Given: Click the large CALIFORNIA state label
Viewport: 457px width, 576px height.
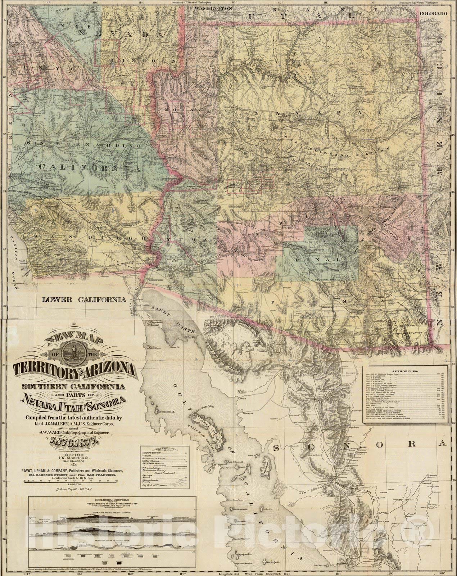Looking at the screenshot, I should (x=89, y=167).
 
